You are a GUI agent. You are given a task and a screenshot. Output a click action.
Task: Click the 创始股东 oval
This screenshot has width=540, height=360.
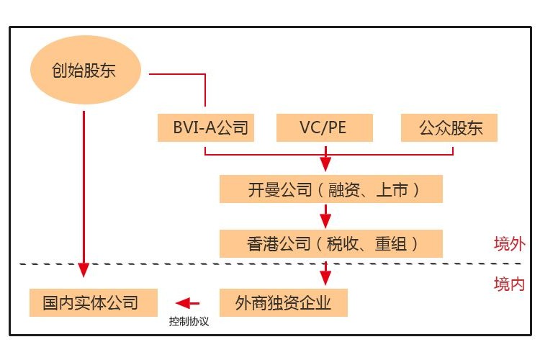click(x=84, y=71)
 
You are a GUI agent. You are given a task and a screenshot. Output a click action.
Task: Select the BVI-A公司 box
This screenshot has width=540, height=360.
click(x=206, y=128)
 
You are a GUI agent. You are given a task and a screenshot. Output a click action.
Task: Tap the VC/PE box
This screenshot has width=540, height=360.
click(x=325, y=128)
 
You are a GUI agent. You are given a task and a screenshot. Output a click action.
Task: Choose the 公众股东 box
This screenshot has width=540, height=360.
click(x=450, y=128)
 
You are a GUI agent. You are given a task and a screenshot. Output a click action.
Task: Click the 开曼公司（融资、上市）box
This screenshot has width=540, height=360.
click(x=331, y=190)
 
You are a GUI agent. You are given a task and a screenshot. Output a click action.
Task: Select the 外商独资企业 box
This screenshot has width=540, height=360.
click(x=283, y=302)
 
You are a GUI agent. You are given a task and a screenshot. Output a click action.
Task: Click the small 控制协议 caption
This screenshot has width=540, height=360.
click(x=189, y=322)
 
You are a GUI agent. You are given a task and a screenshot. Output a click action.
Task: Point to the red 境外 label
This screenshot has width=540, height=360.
click(x=509, y=243)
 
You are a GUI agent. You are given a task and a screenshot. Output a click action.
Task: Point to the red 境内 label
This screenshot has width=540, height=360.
click(x=509, y=284)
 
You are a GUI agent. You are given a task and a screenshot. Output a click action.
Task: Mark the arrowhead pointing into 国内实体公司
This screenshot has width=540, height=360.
click(x=84, y=270)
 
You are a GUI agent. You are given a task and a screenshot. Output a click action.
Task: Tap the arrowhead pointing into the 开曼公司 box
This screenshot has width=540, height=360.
click(x=325, y=165)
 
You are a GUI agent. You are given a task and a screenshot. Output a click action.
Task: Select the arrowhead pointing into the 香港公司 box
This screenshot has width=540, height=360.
click(x=325, y=219)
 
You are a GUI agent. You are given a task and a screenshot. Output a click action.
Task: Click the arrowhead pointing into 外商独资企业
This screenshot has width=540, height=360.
click(x=325, y=278)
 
